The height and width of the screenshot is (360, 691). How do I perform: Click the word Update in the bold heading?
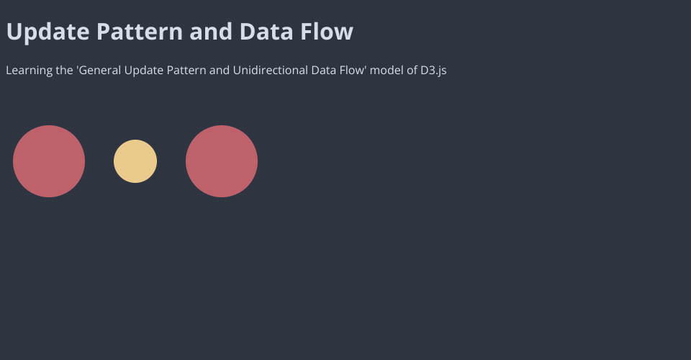tap(48, 32)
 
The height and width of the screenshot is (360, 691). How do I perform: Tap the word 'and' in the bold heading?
tap(211, 31)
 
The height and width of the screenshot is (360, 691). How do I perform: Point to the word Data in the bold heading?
tap(266, 31)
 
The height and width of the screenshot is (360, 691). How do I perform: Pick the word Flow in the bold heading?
tap(327, 31)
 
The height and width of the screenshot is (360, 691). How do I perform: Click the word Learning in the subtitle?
tap(29, 71)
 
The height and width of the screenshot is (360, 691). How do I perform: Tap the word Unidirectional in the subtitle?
tap(271, 70)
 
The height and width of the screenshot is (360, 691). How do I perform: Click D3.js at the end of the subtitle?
tap(433, 71)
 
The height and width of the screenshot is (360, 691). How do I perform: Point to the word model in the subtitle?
tap(387, 70)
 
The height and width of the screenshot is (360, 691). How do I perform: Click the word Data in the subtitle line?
tap(323, 70)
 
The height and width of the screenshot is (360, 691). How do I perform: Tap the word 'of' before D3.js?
tap(412, 70)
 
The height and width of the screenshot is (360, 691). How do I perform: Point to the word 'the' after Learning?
tap(64, 70)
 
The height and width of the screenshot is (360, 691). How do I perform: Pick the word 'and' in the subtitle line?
tap(220, 70)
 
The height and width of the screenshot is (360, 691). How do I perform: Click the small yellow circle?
tap(135, 161)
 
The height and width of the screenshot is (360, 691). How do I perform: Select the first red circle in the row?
tap(49, 161)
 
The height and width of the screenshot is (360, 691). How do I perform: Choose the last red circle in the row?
tap(222, 161)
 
